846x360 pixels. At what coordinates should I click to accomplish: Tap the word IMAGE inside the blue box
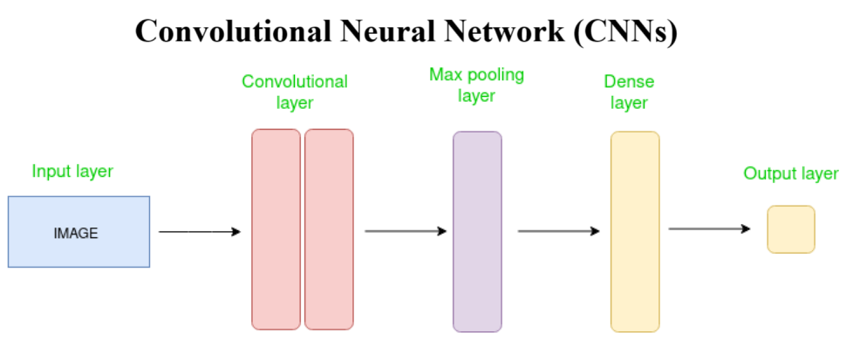pyautogui.click(x=76, y=234)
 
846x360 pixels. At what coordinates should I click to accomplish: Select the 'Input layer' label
pyautogui.click(x=72, y=172)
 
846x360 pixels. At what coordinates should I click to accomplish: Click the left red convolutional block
pyautogui.click(x=276, y=229)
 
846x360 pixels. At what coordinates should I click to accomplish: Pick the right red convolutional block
pyautogui.click(x=329, y=229)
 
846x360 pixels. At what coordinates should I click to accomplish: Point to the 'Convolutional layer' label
pyautogui.click(x=295, y=92)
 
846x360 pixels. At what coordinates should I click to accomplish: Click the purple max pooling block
pyautogui.click(x=477, y=231)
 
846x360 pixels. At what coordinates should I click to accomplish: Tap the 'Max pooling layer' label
pyautogui.click(x=476, y=85)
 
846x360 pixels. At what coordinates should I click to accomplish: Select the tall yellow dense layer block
pyautogui.click(x=635, y=231)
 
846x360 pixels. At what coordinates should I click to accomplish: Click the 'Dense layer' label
pyautogui.click(x=629, y=92)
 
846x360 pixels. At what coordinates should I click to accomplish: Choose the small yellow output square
pyautogui.click(x=791, y=229)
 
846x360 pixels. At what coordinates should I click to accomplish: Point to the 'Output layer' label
pyautogui.click(x=791, y=173)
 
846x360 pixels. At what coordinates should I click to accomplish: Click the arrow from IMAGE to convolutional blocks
pyautogui.click(x=199, y=232)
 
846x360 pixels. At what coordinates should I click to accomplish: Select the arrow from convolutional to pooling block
pyautogui.click(x=406, y=231)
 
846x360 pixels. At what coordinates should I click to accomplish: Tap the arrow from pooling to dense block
pyautogui.click(x=558, y=231)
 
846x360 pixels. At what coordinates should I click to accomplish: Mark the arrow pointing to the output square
pyautogui.click(x=709, y=228)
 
